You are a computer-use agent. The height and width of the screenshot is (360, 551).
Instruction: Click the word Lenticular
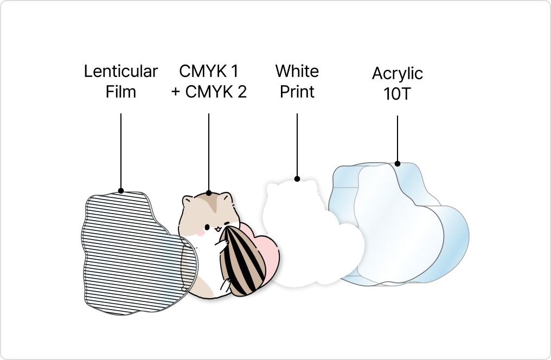click(x=121, y=72)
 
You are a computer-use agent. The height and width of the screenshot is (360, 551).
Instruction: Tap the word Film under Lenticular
click(x=121, y=92)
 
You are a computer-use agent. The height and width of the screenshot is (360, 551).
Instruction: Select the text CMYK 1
click(x=209, y=72)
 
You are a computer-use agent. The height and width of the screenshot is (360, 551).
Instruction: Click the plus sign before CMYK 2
click(x=176, y=92)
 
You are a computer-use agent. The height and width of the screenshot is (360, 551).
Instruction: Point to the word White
click(x=297, y=72)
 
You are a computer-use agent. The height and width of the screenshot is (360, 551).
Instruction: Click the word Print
click(x=297, y=92)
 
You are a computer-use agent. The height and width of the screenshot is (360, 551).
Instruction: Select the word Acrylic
click(x=398, y=73)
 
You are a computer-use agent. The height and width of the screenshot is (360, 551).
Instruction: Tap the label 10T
click(x=398, y=94)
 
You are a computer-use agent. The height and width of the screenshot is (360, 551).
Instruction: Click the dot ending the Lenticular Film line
click(x=121, y=191)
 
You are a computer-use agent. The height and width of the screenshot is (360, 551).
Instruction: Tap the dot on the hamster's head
click(x=209, y=192)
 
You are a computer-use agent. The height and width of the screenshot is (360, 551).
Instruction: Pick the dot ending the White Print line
click(x=297, y=178)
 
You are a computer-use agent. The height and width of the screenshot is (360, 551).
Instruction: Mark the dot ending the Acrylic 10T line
click(x=398, y=163)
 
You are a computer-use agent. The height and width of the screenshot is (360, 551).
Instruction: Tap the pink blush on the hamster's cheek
click(x=200, y=232)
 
